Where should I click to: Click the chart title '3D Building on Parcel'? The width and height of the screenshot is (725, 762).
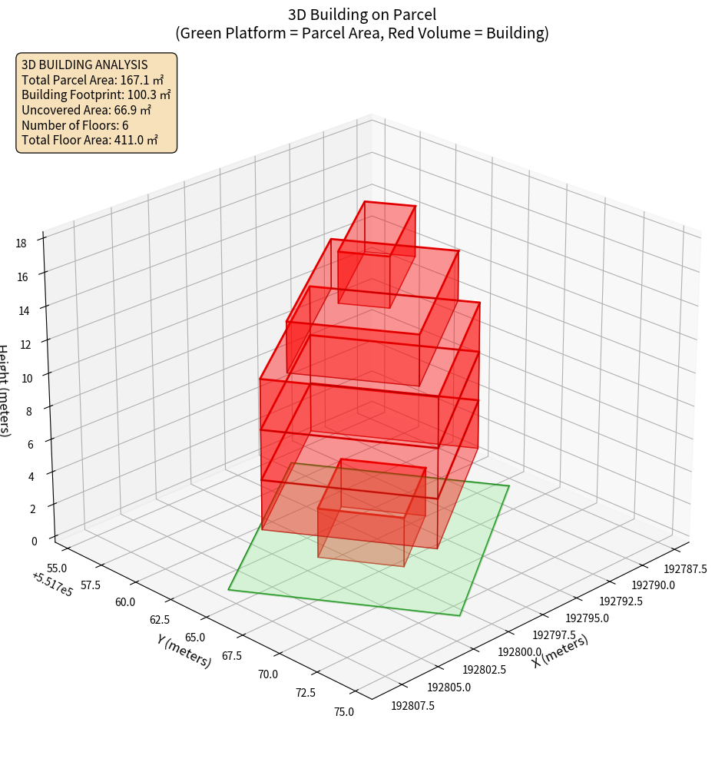(362, 14)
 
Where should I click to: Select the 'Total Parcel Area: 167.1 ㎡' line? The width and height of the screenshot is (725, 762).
(93, 79)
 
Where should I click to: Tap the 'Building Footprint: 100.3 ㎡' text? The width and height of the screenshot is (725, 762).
(96, 94)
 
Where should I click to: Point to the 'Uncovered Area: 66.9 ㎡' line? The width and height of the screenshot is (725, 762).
(87, 110)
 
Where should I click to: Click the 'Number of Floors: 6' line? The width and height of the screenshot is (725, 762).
(75, 125)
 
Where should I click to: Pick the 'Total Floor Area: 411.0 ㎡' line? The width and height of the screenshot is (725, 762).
(90, 141)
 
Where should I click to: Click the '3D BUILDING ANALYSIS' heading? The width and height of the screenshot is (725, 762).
(84, 65)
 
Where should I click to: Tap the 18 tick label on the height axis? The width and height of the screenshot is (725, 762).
(21, 244)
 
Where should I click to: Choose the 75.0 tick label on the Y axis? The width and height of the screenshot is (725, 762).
(343, 711)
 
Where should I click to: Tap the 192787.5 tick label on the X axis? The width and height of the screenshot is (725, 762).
(685, 569)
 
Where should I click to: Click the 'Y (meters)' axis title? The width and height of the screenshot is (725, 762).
(184, 651)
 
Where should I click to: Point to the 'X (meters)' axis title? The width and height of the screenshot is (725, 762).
(560, 651)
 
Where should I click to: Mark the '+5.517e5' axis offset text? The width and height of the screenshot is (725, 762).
(52, 585)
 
